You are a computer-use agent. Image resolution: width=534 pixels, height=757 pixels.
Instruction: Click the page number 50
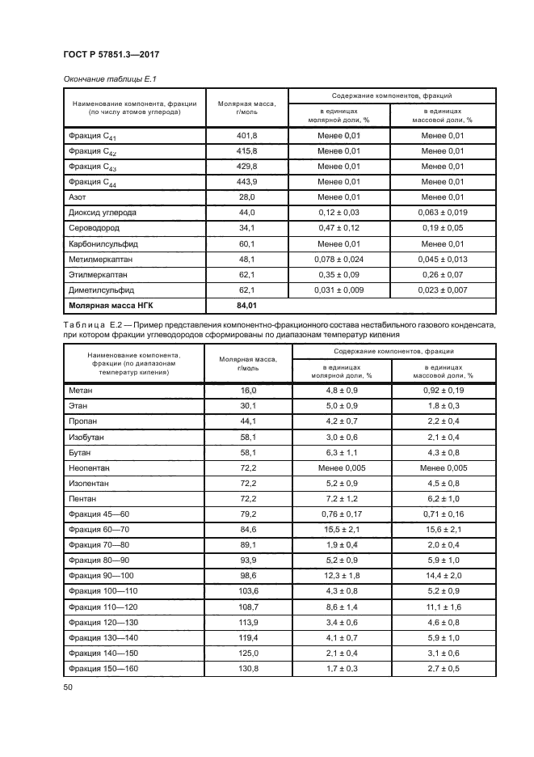[x=67, y=687]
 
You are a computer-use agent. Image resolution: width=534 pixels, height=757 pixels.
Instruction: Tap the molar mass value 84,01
[x=246, y=305]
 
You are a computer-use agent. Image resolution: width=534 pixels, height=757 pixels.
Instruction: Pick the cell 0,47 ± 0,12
[x=339, y=227]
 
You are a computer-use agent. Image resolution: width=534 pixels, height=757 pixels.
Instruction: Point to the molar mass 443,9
[x=246, y=181]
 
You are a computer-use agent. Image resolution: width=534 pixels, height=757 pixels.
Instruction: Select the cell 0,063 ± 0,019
[x=444, y=212]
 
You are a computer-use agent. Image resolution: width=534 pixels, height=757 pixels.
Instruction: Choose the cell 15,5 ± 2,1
[x=339, y=529]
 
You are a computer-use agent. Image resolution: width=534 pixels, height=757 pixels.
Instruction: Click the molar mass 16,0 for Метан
[x=246, y=390]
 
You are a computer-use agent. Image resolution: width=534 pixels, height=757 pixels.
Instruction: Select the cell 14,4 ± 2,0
[x=444, y=575]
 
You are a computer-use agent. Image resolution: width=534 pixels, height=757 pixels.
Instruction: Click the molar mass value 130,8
[x=246, y=667]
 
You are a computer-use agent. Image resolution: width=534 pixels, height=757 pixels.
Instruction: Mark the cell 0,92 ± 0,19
[x=444, y=390]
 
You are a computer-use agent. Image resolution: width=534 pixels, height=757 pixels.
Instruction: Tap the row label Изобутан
[x=87, y=437]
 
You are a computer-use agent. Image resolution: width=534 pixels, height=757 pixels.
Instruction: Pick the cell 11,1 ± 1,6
[x=444, y=606]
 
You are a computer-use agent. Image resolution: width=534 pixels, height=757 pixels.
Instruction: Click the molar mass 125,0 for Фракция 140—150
[x=246, y=652]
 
